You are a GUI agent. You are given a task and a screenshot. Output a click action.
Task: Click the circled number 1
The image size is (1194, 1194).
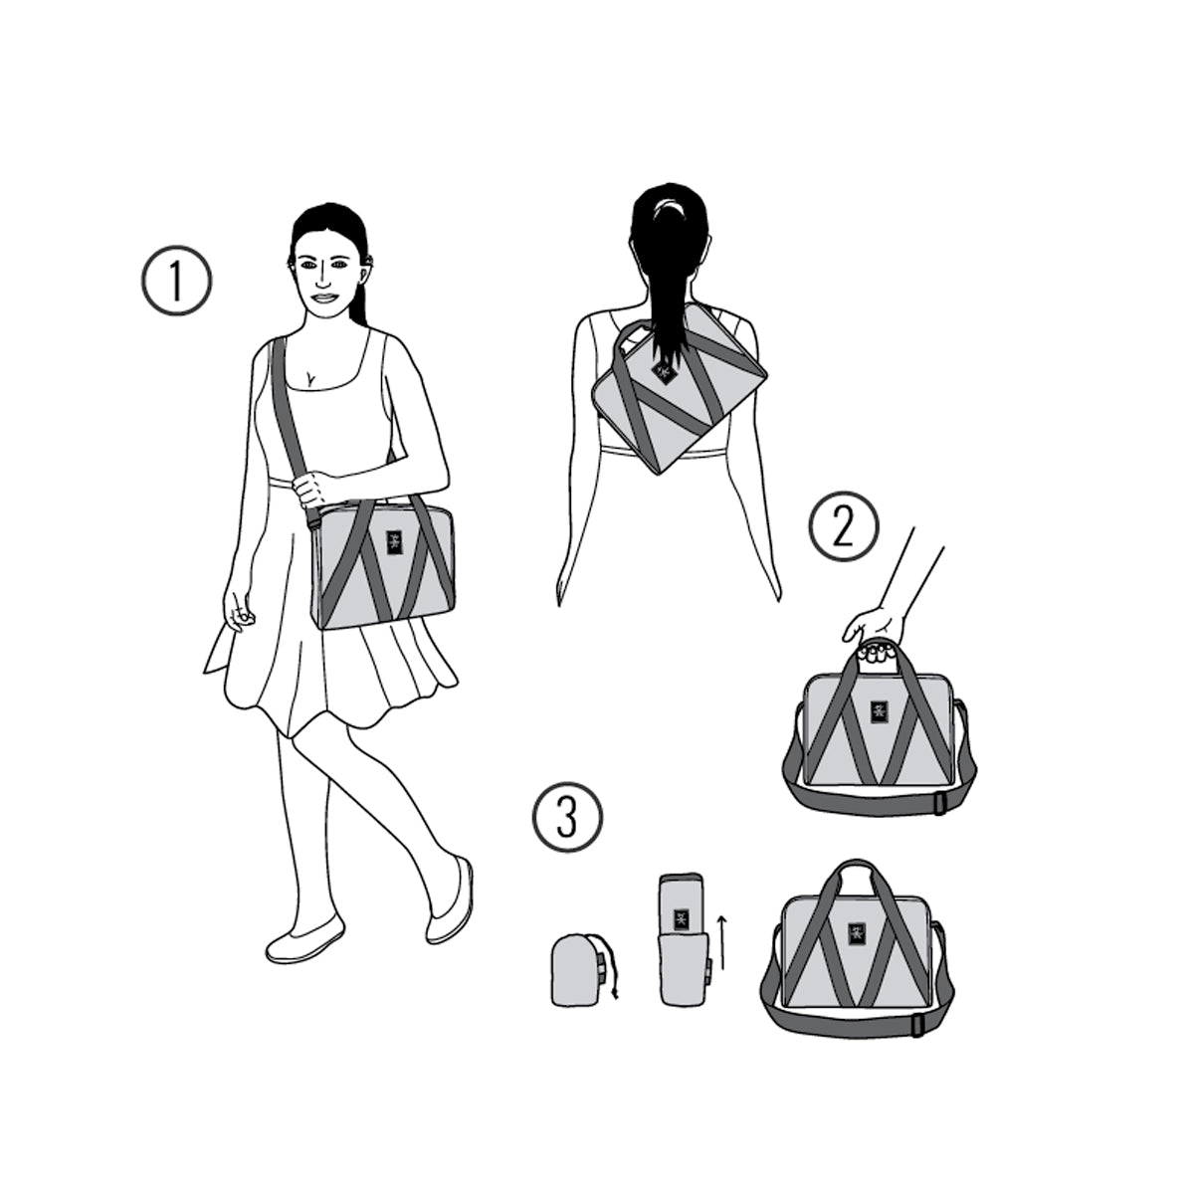(176, 281)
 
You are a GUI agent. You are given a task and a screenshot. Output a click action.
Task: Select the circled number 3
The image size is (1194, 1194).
(567, 817)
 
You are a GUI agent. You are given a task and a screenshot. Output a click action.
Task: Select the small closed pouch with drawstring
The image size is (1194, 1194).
(577, 978)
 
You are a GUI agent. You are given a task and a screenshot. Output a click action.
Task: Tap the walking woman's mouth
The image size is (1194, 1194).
(325, 298)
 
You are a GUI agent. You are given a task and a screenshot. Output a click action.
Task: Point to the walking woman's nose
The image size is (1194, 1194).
(321, 281)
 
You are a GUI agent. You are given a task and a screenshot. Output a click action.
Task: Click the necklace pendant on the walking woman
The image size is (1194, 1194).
(308, 377)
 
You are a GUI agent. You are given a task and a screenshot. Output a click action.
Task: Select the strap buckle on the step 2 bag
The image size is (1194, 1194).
(939, 804)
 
